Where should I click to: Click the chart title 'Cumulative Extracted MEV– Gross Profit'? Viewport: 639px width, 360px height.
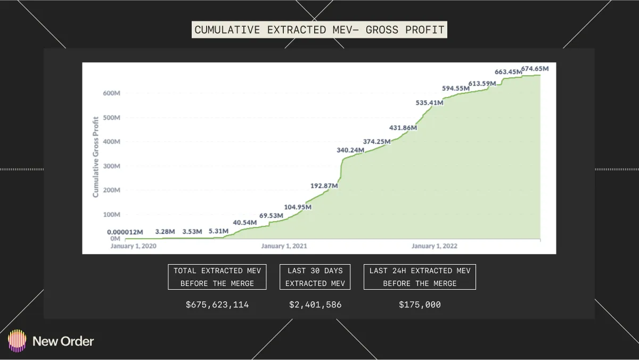click(x=319, y=30)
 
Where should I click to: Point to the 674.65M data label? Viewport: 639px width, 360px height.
click(x=535, y=69)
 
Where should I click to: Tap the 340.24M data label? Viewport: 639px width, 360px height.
click(x=350, y=150)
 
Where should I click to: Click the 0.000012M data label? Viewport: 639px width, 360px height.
click(x=125, y=232)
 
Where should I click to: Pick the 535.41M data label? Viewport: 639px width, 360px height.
click(x=429, y=102)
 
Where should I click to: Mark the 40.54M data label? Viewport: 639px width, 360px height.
click(x=246, y=223)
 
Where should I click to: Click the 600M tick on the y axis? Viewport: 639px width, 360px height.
click(x=111, y=93)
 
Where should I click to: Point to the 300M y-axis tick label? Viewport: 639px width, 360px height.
click(x=111, y=166)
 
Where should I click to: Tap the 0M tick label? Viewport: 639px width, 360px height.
click(x=115, y=239)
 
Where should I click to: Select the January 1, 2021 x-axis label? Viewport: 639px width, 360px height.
click(x=284, y=247)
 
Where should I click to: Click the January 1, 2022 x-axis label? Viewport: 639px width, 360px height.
click(x=435, y=247)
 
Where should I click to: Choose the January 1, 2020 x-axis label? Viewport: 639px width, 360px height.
click(x=134, y=247)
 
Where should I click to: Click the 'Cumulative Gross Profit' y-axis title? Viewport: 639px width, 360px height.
click(x=96, y=156)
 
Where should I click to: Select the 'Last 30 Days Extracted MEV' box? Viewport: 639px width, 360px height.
click(x=315, y=277)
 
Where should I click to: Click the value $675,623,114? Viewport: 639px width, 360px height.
click(x=217, y=305)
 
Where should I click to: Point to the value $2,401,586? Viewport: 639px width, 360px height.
click(x=315, y=305)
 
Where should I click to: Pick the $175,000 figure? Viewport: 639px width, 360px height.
click(x=420, y=305)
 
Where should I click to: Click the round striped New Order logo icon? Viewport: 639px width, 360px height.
click(x=17, y=341)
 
